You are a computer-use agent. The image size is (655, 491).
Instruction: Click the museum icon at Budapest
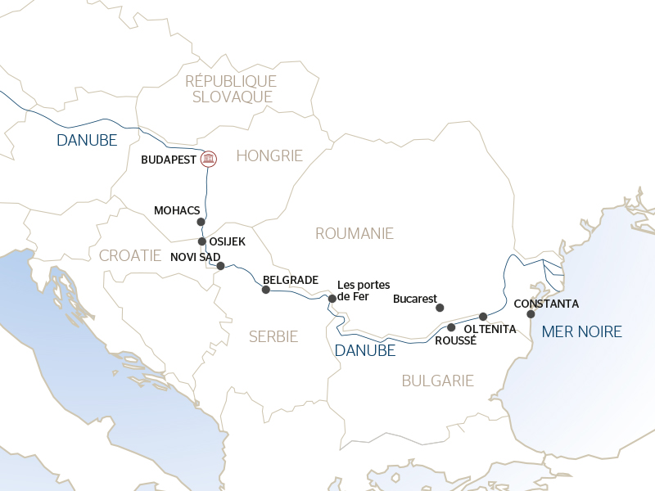pos(209,159)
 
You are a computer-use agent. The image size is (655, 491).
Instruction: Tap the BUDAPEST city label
pos(169,160)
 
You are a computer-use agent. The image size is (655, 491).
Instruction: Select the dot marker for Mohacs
pos(201,222)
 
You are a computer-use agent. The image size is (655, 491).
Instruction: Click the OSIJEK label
pos(228,241)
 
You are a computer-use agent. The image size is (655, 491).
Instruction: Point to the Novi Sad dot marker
pos(220,266)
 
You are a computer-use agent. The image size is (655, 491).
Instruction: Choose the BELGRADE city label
pos(290,280)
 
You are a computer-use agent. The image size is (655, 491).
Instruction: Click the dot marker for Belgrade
pos(265,290)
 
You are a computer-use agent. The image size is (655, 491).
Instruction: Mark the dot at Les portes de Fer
pos(332,299)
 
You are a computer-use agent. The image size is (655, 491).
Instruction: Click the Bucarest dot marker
pos(440,308)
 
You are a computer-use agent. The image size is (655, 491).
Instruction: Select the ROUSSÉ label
pos(455,340)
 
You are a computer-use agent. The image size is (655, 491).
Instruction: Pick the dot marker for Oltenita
pos(483,316)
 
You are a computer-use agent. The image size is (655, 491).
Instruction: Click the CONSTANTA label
pos(546,304)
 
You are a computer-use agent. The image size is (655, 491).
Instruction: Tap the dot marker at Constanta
pos(531,314)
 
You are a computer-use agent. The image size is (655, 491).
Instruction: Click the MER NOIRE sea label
pos(581,331)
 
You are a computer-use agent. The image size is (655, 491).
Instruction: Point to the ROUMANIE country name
pos(355,234)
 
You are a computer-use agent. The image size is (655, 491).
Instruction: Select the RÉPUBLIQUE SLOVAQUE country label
pos(231,88)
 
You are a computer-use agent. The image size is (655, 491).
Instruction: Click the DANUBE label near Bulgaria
pos(365,350)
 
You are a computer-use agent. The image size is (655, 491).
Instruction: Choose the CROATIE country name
pos(130,255)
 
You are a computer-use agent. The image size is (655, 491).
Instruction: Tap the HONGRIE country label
pos(269,155)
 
